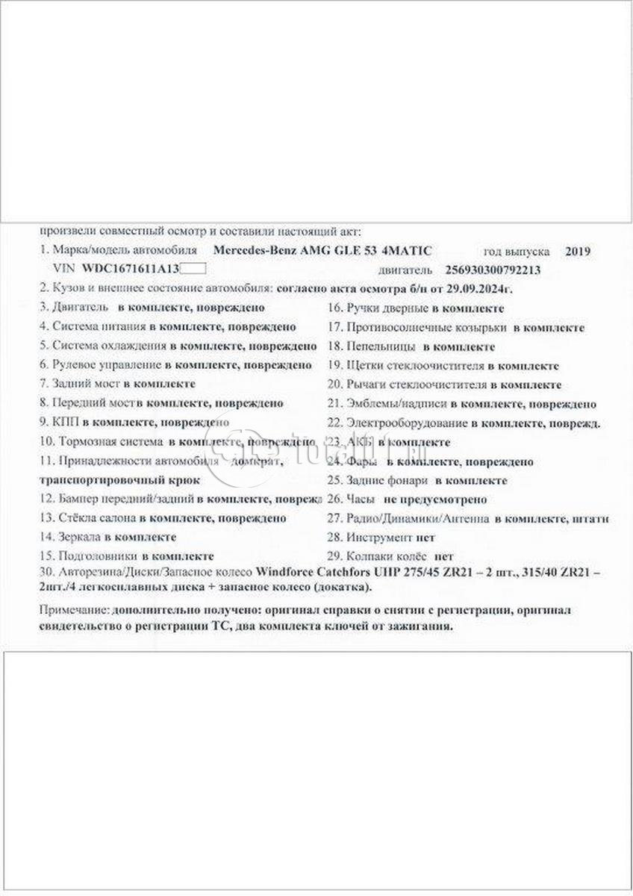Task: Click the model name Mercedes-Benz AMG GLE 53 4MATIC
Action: tap(322, 252)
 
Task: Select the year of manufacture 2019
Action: tap(578, 252)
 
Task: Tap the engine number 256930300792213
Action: tap(493, 270)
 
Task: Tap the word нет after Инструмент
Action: tap(427, 538)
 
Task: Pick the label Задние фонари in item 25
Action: tap(387, 480)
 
